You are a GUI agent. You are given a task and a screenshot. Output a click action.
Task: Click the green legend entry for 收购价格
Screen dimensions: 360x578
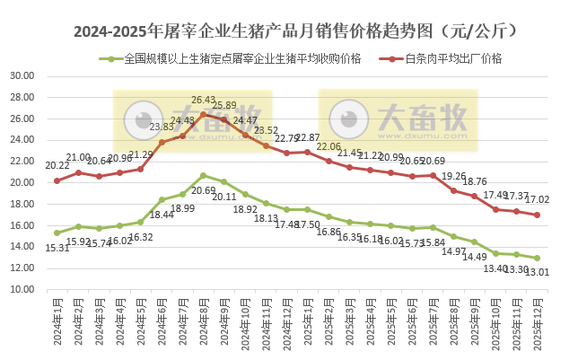tap(242, 59)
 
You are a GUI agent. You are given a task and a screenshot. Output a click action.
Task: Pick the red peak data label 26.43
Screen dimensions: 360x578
tap(204, 101)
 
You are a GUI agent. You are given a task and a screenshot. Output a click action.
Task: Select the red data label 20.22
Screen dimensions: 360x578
tap(57, 165)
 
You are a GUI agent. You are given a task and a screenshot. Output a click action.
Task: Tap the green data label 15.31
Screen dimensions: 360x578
tap(57, 247)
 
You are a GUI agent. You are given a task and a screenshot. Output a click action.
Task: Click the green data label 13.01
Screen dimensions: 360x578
tap(538, 272)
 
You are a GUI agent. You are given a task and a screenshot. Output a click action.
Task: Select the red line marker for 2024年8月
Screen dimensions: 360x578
tap(204, 114)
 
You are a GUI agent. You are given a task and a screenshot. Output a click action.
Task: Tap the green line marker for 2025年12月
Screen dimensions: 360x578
tap(537, 258)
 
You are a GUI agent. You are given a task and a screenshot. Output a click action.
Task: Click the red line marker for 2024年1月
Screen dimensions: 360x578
tap(57, 180)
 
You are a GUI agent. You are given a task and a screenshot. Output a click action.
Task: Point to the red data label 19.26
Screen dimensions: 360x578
tap(454, 176)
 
